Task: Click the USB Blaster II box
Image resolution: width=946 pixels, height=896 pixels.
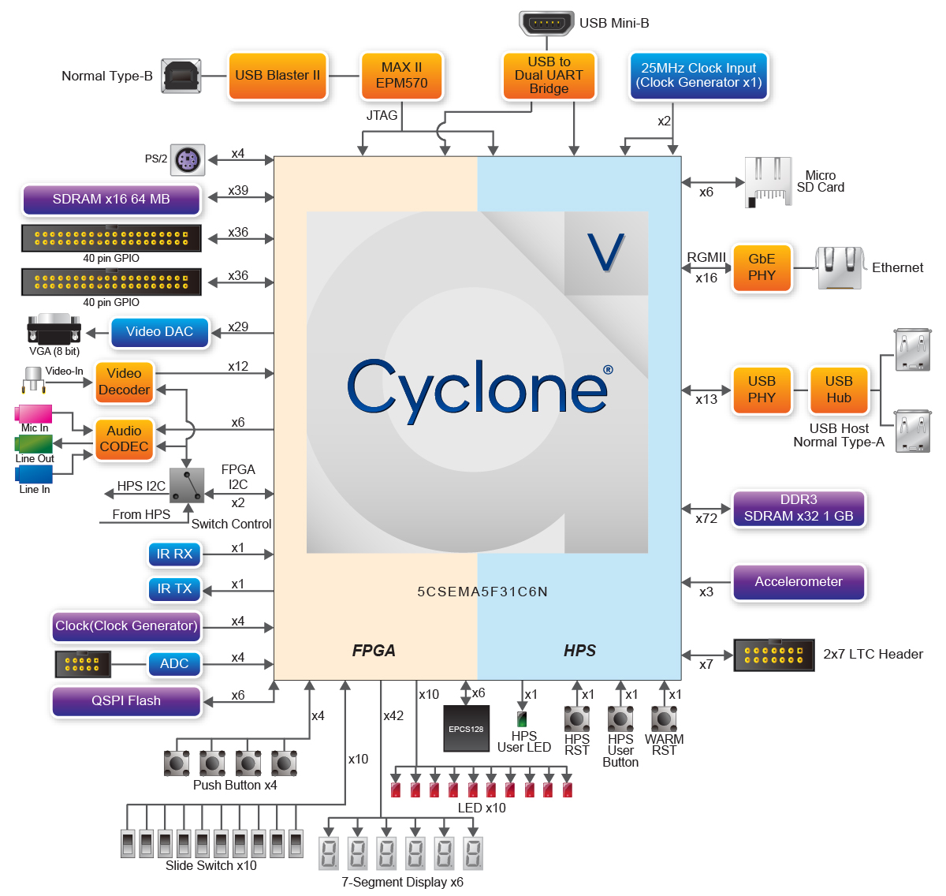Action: click(x=277, y=76)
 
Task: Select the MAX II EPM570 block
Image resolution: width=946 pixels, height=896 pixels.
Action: click(x=401, y=76)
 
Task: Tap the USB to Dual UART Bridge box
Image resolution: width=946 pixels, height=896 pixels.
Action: click(x=549, y=76)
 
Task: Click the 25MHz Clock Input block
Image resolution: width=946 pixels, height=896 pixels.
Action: click(x=698, y=76)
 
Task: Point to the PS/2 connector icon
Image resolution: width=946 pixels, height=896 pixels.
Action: click(x=188, y=161)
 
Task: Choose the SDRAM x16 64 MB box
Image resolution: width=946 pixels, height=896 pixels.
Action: click(x=111, y=200)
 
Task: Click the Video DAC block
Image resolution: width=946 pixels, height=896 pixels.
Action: click(x=159, y=332)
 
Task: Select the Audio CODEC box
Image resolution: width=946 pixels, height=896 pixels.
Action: click(x=124, y=439)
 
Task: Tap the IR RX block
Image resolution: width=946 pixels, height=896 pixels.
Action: click(x=174, y=554)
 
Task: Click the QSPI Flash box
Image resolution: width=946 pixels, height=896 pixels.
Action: click(x=126, y=701)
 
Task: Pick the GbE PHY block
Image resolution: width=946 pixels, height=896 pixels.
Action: click(x=762, y=268)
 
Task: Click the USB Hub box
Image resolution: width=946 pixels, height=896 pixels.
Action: click(x=839, y=390)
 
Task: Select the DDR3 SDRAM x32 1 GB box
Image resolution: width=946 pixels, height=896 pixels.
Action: click(x=799, y=509)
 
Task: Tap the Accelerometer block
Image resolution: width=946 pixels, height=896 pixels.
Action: click(x=799, y=582)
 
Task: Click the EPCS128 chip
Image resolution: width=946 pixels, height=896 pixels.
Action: click(x=466, y=729)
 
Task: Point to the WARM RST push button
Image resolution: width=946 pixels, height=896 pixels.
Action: click(x=664, y=719)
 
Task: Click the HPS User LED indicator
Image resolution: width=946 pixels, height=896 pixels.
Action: click(x=522, y=719)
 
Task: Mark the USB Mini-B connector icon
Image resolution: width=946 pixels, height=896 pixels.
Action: click(x=546, y=23)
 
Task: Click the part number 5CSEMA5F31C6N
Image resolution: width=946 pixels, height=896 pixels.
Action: click(x=482, y=592)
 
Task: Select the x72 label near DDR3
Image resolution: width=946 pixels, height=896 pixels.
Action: click(x=706, y=519)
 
